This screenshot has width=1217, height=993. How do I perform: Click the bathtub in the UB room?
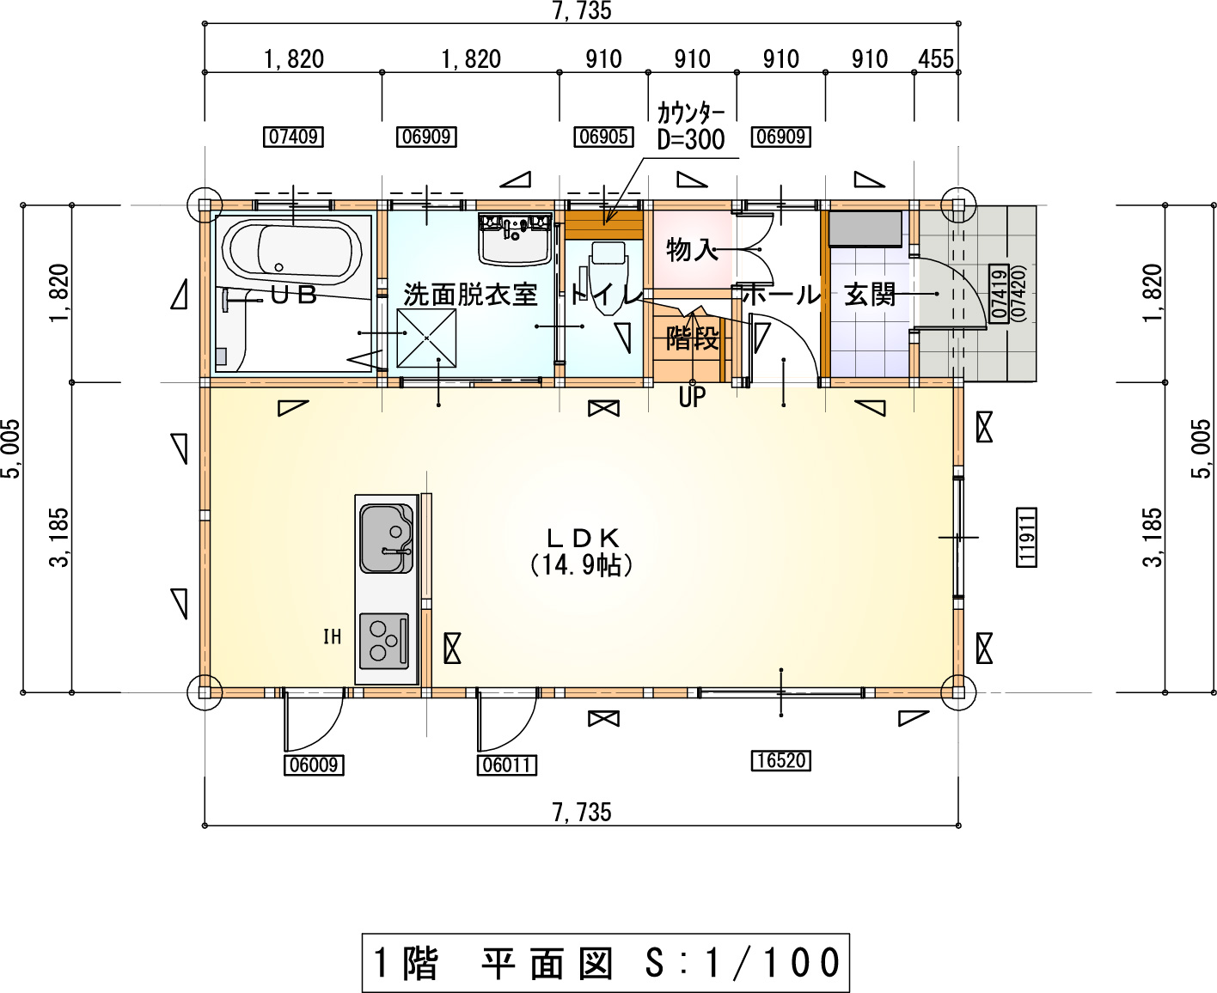[292, 250]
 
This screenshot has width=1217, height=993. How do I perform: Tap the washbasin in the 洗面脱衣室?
[516, 240]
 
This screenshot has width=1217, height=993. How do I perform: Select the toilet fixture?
[608, 277]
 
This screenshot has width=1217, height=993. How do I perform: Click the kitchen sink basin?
[386, 538]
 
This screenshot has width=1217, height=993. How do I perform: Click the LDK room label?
[583, 538]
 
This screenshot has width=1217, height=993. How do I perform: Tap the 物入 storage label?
[692, 250]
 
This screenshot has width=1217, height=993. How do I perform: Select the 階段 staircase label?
[692, 338]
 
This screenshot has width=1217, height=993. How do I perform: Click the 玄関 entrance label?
[870, 294]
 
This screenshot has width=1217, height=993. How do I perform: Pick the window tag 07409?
[293, 137]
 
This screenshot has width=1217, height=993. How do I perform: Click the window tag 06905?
[603, 137]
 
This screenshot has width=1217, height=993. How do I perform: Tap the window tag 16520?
[780, 760]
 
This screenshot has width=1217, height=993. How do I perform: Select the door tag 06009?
[314, 765]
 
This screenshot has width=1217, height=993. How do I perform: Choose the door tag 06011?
[506, 765]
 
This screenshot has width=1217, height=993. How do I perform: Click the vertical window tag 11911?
[1026, 538]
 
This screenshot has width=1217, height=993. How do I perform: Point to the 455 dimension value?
[936, 59]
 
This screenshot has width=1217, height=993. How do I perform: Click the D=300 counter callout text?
[691, 139]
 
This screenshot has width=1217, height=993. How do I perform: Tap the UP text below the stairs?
[692, 397]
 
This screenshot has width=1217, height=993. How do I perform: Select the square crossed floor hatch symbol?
[426, 338]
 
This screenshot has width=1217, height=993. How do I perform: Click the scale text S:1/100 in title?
[743, 962]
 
